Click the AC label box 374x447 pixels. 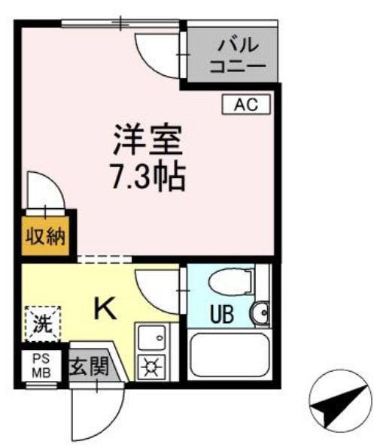coord(245,105)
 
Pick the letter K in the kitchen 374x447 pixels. coord(105,310)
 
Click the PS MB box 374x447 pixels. coord(38,367)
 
